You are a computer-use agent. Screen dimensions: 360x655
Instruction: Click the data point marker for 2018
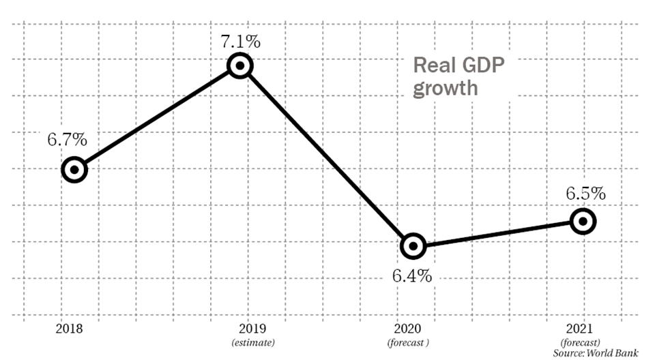(x=74, y=170)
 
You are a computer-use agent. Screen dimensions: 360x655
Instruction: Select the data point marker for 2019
(x=240, y=66)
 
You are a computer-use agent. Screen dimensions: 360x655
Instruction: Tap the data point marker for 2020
(x=413, y=246)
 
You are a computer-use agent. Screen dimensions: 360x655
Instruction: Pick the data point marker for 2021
(x=583, y=221)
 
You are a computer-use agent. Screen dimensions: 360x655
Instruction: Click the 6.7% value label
(x=67, y=140)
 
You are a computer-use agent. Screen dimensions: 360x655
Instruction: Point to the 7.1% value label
(x=240, y=41)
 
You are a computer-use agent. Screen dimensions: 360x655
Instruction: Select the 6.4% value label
(x=411, y=276)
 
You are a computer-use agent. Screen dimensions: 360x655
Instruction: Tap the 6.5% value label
(x=585, y=193)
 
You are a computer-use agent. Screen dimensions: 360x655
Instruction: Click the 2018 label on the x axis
(x=70, y=329)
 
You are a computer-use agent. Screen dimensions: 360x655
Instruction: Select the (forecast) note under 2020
(x=408, y=342)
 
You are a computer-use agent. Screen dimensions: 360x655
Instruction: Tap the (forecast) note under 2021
(x=580, y=342)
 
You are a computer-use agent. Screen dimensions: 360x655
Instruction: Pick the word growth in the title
(x=445, y=89)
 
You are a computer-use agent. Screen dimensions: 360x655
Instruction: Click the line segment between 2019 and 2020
(x=326, y=156)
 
